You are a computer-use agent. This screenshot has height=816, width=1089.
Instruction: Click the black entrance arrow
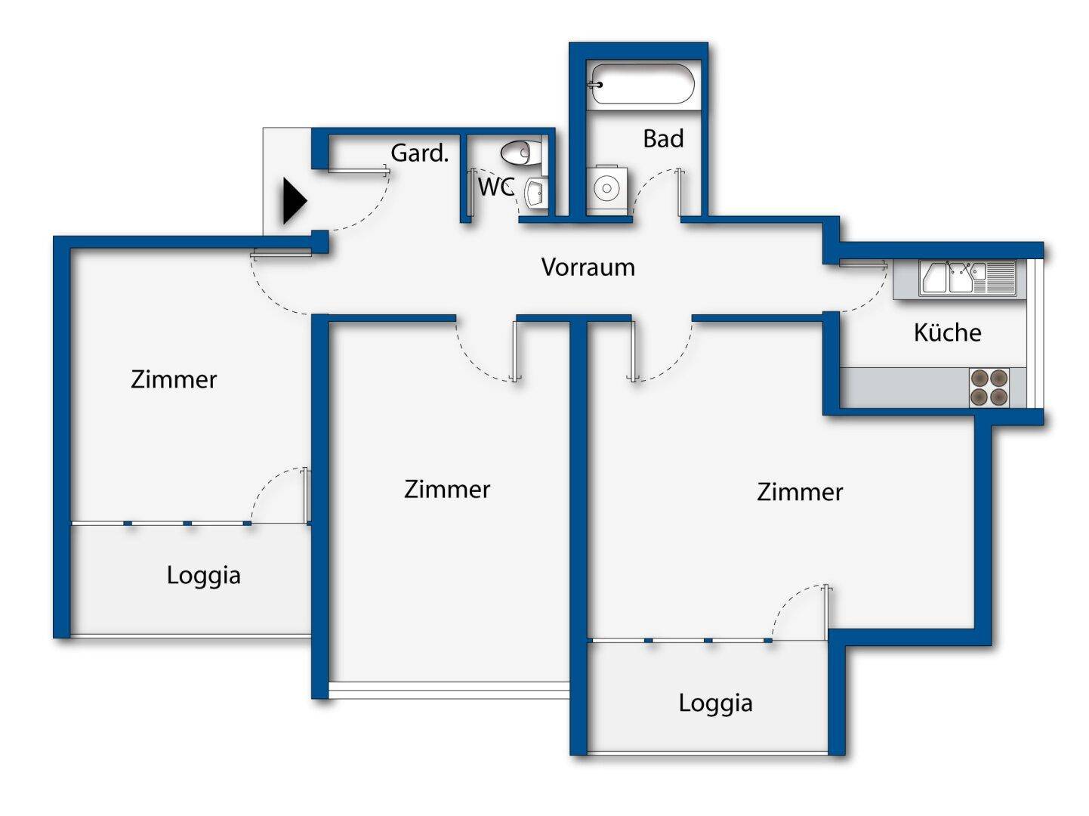(294, 201)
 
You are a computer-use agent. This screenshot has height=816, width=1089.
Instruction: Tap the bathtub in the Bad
(642, 84)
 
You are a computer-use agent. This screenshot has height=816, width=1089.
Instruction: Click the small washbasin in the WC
(535, 192)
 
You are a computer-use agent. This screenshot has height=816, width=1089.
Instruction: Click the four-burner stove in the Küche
(989, 387)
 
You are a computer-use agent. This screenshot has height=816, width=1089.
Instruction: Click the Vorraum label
(588, 267)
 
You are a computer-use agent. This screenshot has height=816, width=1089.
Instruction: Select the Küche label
(947, 332)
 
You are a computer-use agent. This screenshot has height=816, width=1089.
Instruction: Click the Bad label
(663, 139)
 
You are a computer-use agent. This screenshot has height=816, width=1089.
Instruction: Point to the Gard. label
(419, 153)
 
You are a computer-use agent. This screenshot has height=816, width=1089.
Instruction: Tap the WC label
(495, 187)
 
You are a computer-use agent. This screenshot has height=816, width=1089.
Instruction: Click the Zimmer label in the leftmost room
(174, 379)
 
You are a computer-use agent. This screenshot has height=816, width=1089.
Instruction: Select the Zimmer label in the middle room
(447, 489)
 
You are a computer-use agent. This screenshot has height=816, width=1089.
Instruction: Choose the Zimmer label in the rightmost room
(800, 492)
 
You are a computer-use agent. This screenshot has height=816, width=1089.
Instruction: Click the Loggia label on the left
(203, 575)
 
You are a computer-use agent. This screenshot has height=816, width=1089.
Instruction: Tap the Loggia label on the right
(715, 703)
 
